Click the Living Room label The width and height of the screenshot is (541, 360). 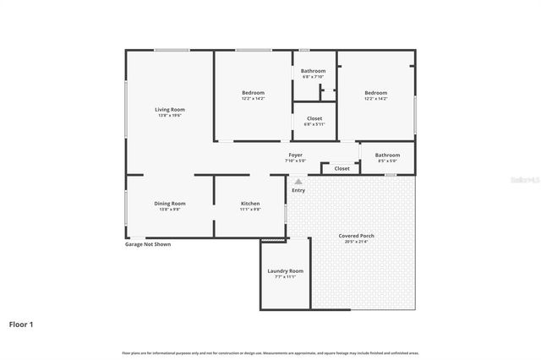point(169,109)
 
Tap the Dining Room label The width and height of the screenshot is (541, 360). point(169,203)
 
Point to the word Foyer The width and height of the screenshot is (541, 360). point(295,155)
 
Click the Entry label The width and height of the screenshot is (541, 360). point(298,190)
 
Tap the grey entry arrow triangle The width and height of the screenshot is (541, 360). point(298,181)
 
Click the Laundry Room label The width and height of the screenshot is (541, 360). point(285,270)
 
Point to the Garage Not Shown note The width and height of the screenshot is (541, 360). point(148,244)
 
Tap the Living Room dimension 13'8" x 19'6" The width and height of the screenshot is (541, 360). point(169,116)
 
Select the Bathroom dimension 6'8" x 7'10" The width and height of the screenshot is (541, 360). point(314,78)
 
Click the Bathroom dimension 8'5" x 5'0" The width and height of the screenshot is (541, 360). point(387,161)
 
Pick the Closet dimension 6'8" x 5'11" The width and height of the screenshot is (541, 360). point(314,124)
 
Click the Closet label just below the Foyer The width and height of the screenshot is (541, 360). point(342,168)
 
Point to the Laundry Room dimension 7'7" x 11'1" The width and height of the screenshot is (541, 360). point(285,277)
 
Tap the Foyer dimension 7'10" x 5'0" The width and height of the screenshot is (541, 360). point(295,161)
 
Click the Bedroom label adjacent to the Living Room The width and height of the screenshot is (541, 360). point(253,92)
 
